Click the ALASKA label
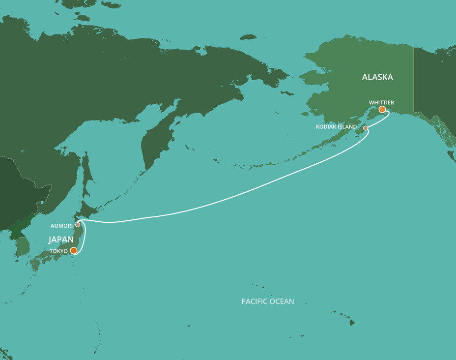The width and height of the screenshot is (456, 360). click(377, 77)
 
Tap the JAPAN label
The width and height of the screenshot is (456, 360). click(61, 240)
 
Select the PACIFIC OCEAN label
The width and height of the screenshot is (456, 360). click(267, 301)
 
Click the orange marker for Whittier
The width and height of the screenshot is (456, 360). click(382, 109)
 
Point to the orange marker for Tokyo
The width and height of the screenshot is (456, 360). click(73, 250)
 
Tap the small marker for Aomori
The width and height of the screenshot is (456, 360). click(78, 225)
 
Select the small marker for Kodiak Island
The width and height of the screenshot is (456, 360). click(365, 128)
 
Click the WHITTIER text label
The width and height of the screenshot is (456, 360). click(381, 102)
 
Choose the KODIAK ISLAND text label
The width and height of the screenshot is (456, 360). click(336, 127)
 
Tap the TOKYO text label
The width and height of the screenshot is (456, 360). click(58, 251)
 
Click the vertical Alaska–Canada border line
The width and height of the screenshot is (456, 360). click(414, 79)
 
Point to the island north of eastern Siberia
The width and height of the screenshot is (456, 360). click(248, 37)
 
